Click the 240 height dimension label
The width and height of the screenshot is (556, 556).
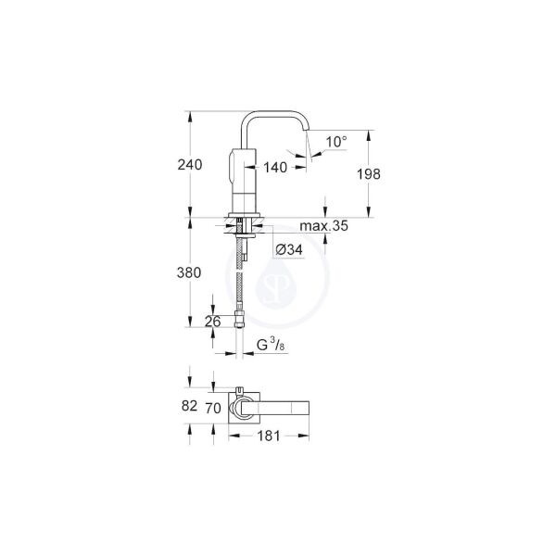[x=189, y=165]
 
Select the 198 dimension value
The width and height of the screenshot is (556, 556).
[x=368, y=173]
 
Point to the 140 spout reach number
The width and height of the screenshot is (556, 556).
[x=275, y=168]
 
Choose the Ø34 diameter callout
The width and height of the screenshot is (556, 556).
[x=289, y=249]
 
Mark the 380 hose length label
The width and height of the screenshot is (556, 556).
[x=189, y=272]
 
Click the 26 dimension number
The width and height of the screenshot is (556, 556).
[x=211, y=322]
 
